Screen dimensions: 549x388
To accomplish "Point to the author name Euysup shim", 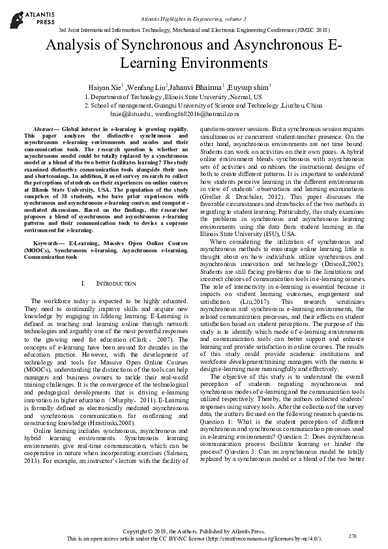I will point(251,87).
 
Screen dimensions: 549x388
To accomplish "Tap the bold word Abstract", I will point(44,130).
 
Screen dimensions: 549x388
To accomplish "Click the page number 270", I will point(353,535).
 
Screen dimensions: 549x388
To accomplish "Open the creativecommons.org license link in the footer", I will point(265,539).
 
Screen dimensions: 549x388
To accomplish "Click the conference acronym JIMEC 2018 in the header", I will point(309,30).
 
